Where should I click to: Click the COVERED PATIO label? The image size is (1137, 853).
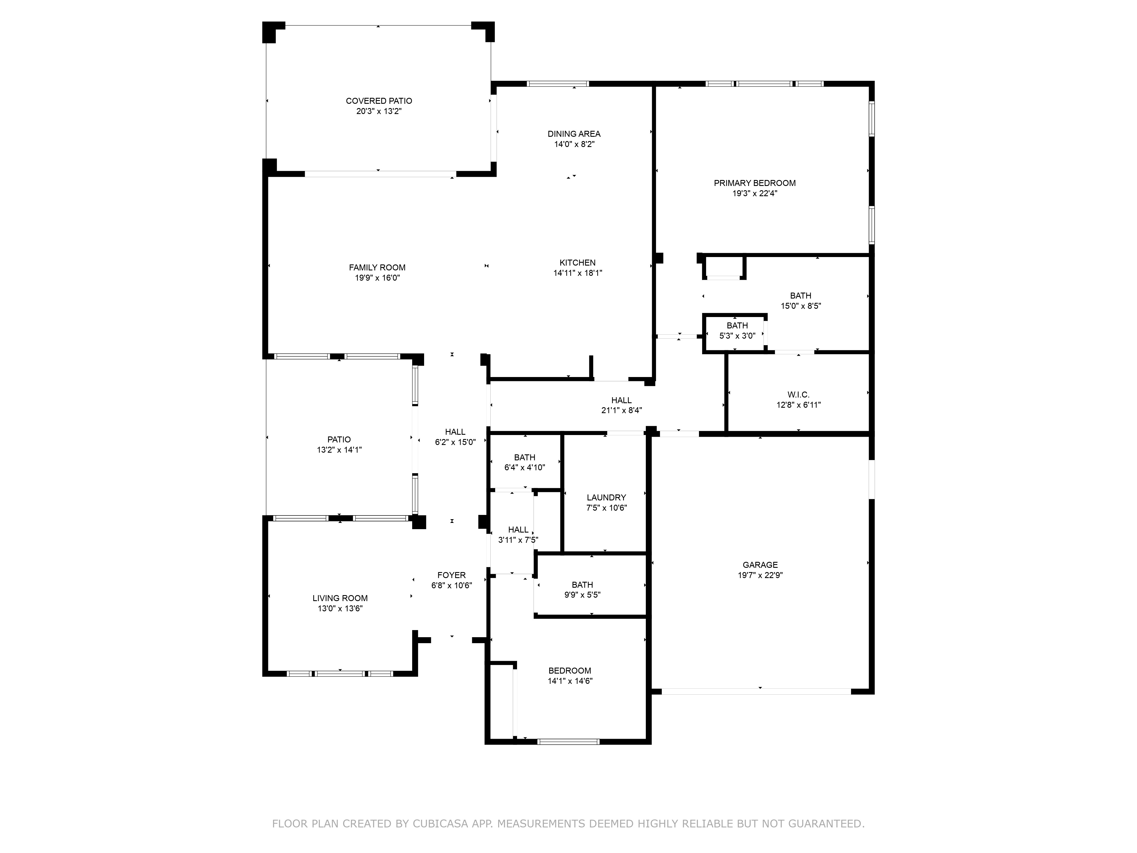tap(379, 101)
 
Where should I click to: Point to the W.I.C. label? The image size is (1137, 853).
tap(798, 394)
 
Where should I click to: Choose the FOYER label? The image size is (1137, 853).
tap(451, 575)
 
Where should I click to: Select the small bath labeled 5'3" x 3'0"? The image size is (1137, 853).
tap(737, 331)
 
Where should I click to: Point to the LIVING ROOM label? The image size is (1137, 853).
tap(340, 598)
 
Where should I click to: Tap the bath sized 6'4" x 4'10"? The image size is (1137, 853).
tap(524, 462)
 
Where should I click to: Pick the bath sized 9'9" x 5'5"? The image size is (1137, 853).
tap(582, 590)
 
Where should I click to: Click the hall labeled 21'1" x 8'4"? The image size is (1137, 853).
tap(621, 405)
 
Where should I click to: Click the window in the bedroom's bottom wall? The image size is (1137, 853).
tap(568, 742)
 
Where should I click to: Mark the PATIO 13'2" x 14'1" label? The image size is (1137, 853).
tap(339, 444)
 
